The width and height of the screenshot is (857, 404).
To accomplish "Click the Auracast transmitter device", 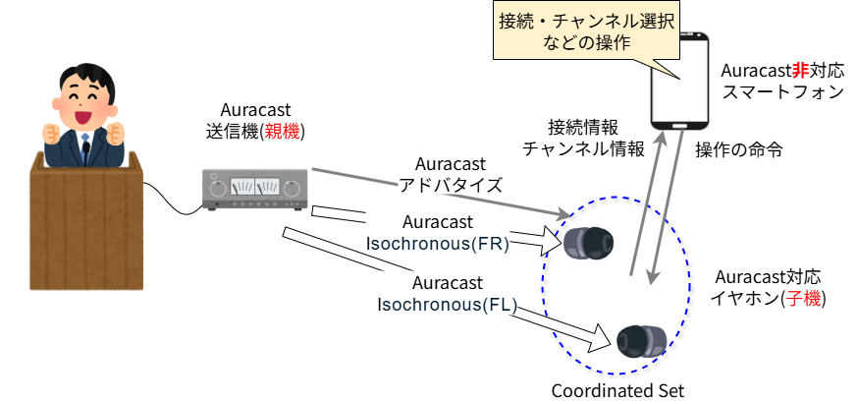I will [x=254, y=189].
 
